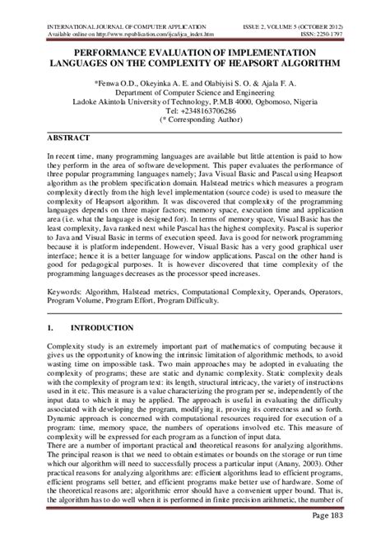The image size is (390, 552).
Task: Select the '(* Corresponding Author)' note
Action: [x=194, y=119]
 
